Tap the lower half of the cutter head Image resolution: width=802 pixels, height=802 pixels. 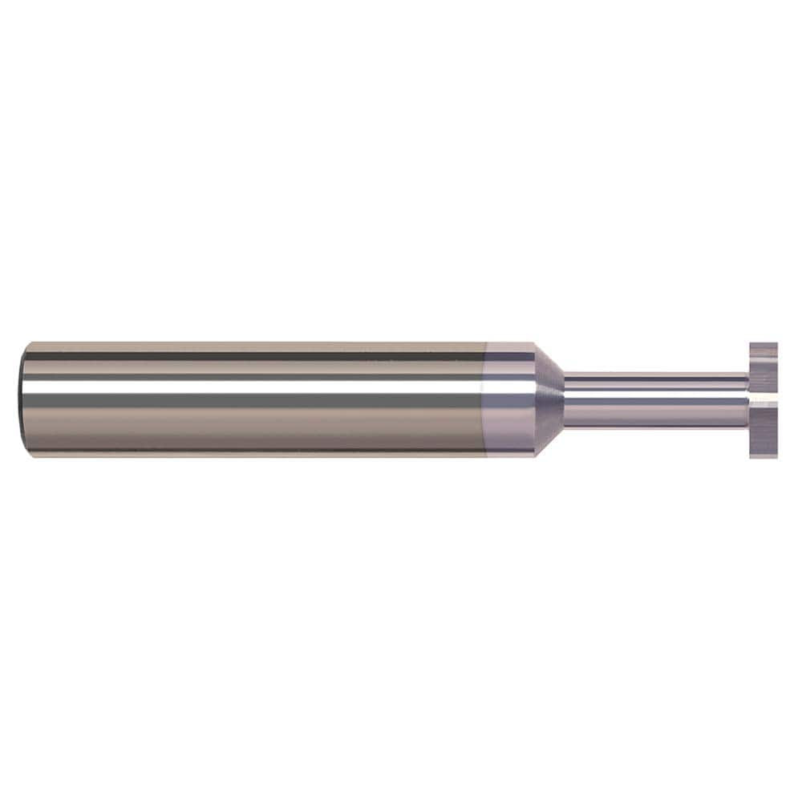pos(764,429)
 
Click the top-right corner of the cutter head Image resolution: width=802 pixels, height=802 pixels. pos(776,344)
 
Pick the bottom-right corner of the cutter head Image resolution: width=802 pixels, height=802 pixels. pos(776,456)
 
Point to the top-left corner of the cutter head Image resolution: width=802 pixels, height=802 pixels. pos(751,344)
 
